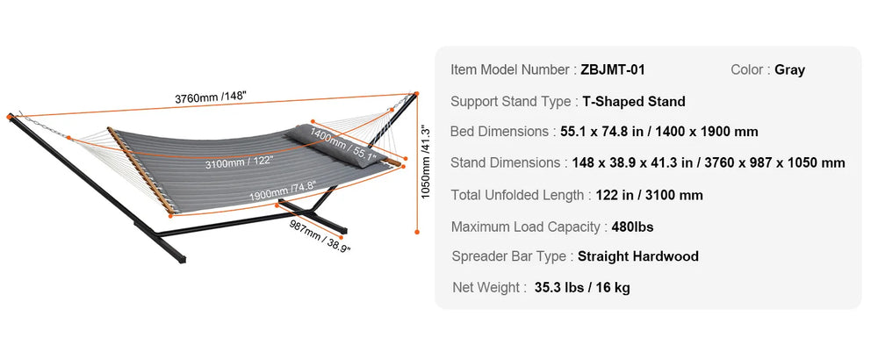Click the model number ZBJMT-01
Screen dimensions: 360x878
point(613,69)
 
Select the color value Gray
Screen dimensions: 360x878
point(789,69)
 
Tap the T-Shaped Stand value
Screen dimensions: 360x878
point(634,101)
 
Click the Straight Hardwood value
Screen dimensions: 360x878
point(638,256)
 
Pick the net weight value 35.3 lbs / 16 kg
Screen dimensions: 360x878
point(582,287)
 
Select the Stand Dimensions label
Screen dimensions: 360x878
point(507,162)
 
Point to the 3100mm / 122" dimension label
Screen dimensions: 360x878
point(237,163)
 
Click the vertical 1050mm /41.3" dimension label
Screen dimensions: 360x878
point(428,162)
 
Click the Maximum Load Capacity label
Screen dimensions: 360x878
point(526,227)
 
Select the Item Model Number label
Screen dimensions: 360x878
point(511,69)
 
